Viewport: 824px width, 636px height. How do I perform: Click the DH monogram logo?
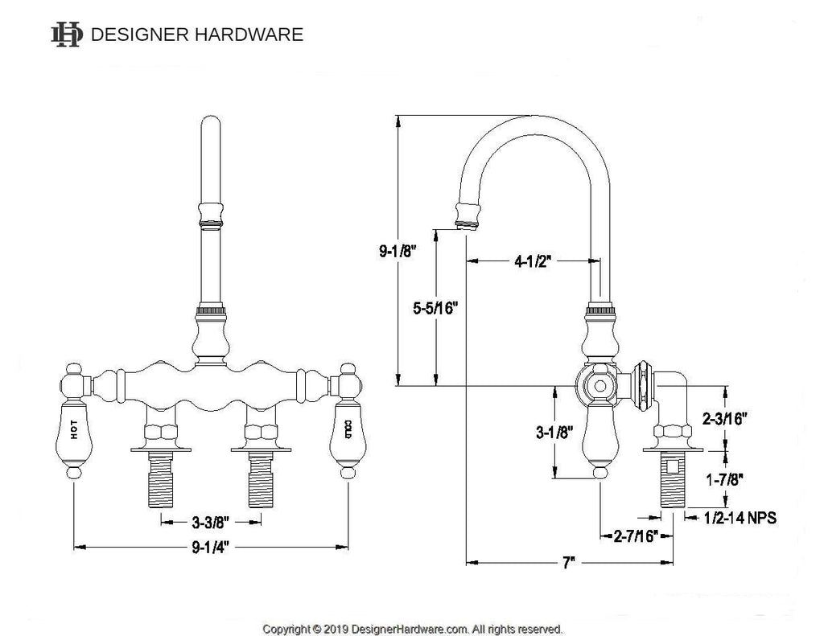67,35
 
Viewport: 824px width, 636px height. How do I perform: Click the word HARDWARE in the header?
249,35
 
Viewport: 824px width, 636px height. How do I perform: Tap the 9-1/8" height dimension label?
398,251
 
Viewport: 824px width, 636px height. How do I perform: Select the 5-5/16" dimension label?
435,308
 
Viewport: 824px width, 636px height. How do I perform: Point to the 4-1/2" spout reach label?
533,261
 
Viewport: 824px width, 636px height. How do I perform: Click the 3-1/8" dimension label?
554,433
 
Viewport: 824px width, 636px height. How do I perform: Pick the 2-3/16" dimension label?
725,419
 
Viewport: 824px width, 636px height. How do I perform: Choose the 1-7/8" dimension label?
724,479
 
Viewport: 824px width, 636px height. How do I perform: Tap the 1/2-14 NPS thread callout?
740,518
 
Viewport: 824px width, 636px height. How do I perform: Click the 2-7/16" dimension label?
636,536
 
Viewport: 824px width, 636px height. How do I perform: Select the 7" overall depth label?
569,563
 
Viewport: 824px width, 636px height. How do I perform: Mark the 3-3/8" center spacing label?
211,522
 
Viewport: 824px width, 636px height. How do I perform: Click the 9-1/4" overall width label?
210,548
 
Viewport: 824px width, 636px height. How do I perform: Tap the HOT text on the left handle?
73,429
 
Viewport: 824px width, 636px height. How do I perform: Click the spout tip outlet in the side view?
466,226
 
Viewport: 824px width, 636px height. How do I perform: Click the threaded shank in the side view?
673,480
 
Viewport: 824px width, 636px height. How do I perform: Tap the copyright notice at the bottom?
413,629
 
